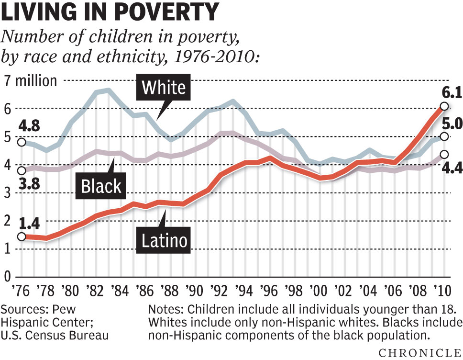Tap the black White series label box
(164, 88)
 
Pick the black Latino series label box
(164, 240)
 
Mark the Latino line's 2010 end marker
(444, 106)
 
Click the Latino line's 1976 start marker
(21, 237)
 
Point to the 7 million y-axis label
(31, 81)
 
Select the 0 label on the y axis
(8, 277)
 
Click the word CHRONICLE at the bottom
(420, 353)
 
